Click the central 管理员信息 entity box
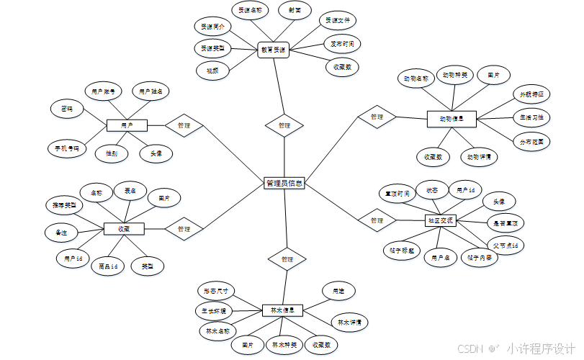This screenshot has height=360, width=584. pyautogui.click(x=284, y=183)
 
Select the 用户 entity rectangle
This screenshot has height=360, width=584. pyautogui.click(x=127, y=125)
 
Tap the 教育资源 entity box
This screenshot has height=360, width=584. pyautogui.click(x=273, y=50)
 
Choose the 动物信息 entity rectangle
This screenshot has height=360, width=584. pyautogui.click(x=451, y=117)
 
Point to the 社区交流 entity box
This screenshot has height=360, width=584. pyautogui.click(x=440, y=220)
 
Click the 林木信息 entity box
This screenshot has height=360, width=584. pyautogui.click(x=282, y=310)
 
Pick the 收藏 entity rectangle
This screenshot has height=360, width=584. pyautogui.click(x=124, y=229)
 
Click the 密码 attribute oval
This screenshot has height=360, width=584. pyautogui.click(x=67, y=109)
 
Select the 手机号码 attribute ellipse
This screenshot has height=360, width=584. pyautogui.click(x=66, y=149)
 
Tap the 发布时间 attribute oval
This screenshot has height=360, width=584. pyautogui.click(x=342, y=44)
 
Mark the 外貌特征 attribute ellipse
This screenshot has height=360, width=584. pyautogui.click(x=531, y=94)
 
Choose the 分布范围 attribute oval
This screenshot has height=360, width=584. pyautogui.click(x=531, y=141)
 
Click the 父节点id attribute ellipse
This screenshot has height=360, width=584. pyautogui.click(x=505, y=246)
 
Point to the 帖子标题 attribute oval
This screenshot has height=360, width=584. pyautogui.click(x=401, y=251)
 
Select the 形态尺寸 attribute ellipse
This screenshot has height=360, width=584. pyautogui.click(x=216, y=291)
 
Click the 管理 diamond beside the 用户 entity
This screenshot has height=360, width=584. pyautogui.click(x=184, y=125)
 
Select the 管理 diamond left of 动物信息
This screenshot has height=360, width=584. pyautogui.click(x=377, y=117)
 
